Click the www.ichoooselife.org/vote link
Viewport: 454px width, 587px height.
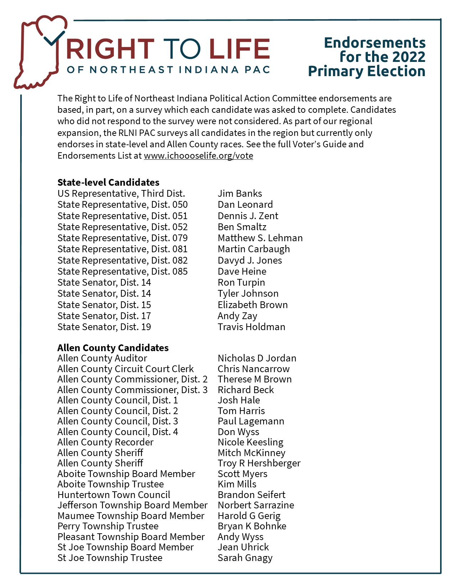(x=198, y=156)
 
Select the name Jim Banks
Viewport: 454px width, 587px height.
(x=240, y=194)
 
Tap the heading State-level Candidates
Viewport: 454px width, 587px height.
(x=108, y=183)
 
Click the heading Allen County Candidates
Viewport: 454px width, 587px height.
(x=113, y=348)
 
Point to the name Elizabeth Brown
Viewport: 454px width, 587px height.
(x=252, y=305)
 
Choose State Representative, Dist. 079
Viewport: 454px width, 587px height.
(x=122, y=238)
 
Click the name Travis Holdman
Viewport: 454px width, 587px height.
(x=251, y=327)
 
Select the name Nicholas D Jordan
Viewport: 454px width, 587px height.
(x=257, y=358)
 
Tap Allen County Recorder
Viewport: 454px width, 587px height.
(x=105, y=442)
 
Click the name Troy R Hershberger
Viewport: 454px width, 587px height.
(x=259, y=463)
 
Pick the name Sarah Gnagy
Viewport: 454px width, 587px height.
(x=245, y=558)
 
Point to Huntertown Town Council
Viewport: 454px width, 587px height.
(x=114, y=495)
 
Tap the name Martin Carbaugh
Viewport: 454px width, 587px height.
(x=254, y=249)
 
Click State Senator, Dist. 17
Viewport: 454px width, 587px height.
(x=104, y=316)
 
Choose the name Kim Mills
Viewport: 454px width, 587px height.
(x=237, y=484)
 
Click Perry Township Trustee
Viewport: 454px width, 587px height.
(x=108, y=526)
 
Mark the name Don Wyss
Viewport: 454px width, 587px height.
(x=238, y=432)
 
